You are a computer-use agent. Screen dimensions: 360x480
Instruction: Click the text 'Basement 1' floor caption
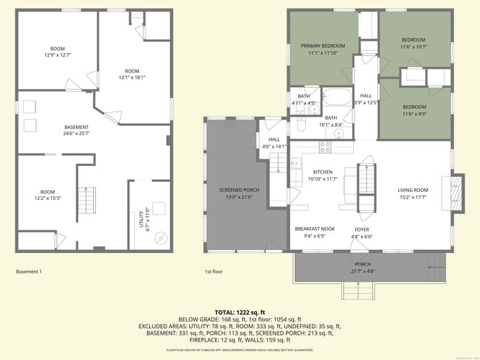pos(29,271)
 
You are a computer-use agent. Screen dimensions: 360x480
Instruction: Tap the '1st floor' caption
pos(213,271)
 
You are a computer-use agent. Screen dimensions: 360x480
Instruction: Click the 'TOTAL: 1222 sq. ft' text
pos(240,312)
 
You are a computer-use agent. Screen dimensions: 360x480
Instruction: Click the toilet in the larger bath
pos(300,126)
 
